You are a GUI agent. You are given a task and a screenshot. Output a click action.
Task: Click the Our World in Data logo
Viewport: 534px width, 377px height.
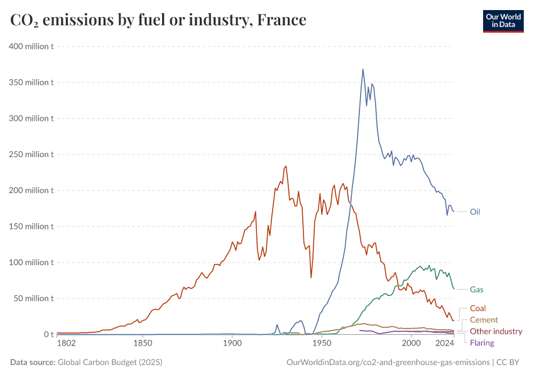coord(503,21)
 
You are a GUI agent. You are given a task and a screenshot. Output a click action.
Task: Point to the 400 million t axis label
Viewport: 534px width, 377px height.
coord(31,46)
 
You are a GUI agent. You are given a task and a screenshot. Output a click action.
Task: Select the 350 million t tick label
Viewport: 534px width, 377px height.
coord(31,82)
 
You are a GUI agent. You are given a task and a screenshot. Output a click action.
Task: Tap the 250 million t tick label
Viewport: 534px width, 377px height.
coord(31,154)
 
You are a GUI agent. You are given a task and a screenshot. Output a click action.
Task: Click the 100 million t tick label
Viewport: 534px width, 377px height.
coord(31,262)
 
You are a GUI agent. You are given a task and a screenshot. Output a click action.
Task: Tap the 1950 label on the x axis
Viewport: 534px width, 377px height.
coord(322,344)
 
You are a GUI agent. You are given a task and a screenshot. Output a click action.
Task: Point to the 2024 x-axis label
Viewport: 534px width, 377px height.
coord(445,344)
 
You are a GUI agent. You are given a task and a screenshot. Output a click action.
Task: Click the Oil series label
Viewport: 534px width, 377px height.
coord(475,212)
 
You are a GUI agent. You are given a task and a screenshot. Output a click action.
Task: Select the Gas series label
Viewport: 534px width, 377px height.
coord(476,290)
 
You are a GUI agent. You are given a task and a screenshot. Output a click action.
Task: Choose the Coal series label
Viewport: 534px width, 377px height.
coord(477,309)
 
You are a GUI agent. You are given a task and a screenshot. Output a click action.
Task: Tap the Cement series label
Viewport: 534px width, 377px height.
coord(484,320)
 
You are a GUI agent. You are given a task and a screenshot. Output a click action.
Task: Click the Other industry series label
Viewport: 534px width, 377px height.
coord(496,331)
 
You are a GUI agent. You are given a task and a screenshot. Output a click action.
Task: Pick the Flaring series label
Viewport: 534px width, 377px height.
coord(482,342)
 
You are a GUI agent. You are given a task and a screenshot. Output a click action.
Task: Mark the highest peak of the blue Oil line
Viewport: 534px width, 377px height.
coord(363,69)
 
